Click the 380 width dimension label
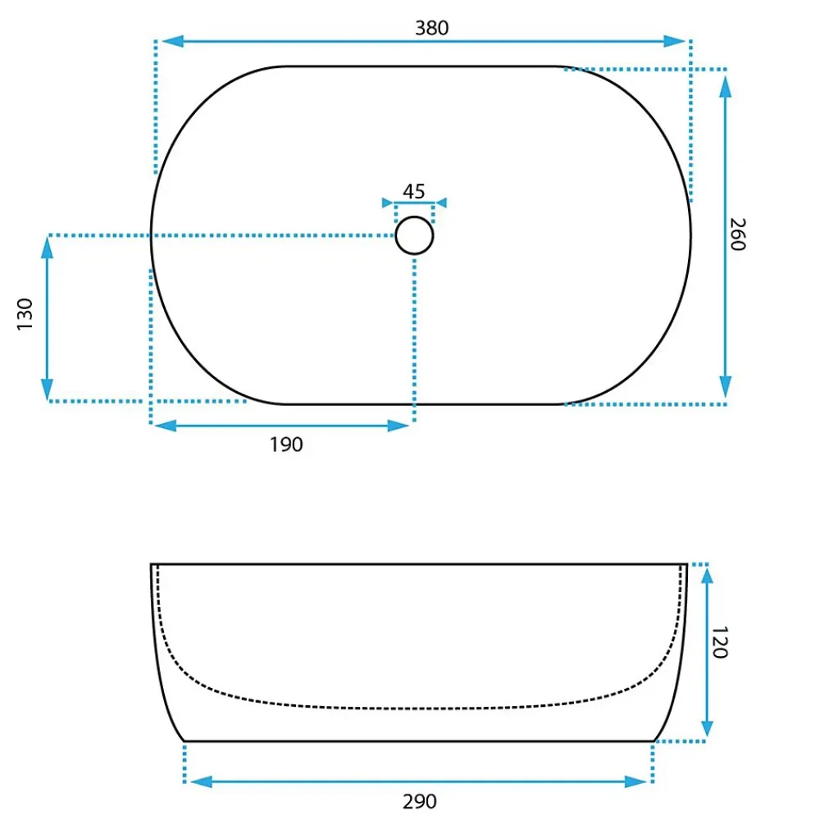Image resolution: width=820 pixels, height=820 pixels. pos(431,28)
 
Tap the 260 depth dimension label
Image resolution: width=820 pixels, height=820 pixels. pos(737,235)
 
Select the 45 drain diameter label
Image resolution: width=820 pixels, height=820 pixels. pos(413,191)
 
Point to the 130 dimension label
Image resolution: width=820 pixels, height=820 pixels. pos(25,314)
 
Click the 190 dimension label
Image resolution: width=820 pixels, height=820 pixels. pos(286,444)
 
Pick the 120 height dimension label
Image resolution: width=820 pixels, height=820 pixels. pos(720,642)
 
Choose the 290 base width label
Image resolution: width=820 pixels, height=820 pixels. pos(419,801)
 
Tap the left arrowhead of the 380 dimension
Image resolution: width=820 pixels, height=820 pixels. pos(172,41)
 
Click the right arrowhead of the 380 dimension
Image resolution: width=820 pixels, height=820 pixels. pos(674,41)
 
